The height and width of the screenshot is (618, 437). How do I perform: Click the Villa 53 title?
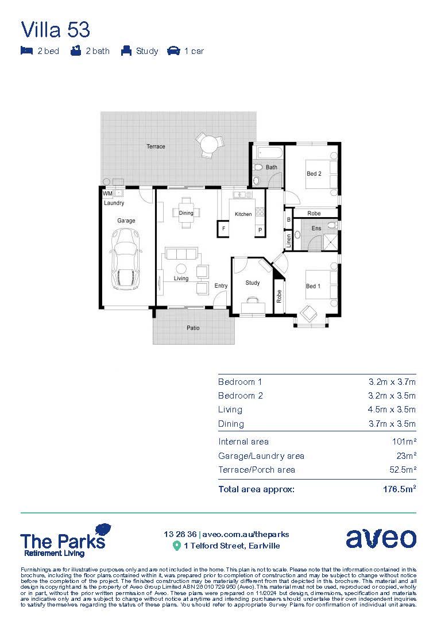pos(55,29)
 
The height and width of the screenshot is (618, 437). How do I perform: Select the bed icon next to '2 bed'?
pos(26,51)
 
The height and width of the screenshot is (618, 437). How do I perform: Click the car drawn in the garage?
pos(126,258)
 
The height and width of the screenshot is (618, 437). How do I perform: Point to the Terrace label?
pos(156,146)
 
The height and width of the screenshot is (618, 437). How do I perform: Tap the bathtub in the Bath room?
pos(269,153)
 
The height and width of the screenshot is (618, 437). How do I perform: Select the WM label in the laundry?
pos(107,194)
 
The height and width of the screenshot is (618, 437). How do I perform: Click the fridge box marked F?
pos(223,230)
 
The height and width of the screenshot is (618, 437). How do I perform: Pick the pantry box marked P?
pos(260,230)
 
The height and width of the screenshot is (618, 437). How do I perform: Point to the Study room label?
pos(253,283)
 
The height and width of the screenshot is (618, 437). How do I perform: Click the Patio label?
pos(193,328)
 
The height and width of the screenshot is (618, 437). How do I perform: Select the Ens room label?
pos(316,229)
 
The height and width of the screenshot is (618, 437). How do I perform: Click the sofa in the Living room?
pos(181,254)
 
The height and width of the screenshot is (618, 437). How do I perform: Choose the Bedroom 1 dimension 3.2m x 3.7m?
pos(392,382)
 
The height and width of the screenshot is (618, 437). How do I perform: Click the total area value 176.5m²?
pos(399,489)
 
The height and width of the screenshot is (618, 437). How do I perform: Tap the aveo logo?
pos(381,538)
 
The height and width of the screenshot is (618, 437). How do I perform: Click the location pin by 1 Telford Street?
pos(177,546)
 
